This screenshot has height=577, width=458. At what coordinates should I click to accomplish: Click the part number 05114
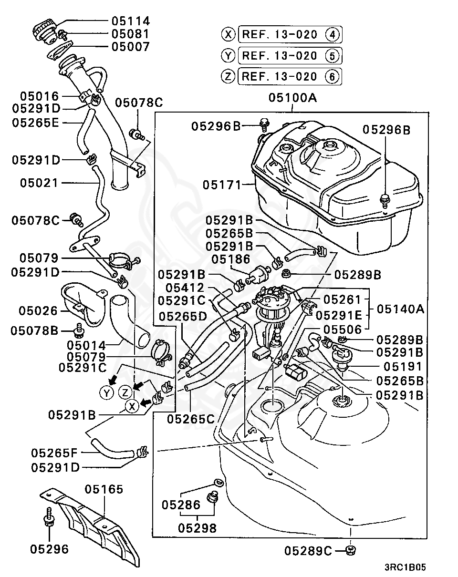point(130,21)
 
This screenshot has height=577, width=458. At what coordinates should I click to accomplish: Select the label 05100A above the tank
point(292,98)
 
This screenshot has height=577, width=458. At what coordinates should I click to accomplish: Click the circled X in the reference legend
point(229,34)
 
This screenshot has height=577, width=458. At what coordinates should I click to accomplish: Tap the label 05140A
point(400,309)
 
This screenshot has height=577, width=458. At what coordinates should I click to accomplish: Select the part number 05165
point(104,489)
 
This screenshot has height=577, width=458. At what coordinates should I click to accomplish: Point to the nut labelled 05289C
point(351,551)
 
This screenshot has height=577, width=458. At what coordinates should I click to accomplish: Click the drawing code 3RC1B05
point(405,567)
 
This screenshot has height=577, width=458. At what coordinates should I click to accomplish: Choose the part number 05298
point(197,528)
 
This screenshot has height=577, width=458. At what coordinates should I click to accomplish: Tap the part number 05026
point(38,311)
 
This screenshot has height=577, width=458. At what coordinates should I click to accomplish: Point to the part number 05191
point(399,366)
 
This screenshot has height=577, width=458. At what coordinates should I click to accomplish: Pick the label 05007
point(130,47)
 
